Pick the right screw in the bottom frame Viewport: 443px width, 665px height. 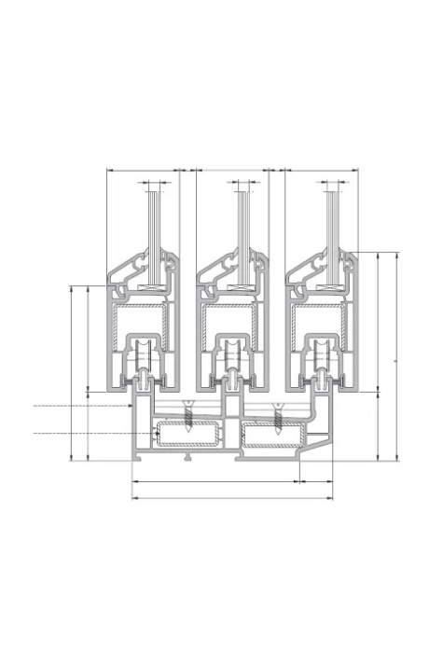click(x=276, y=417)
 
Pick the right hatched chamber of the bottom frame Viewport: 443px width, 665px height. click(x=272, y=436)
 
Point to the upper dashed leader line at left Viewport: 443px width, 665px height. click(x=79, y=407)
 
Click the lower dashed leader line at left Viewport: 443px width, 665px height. click(x=79, y=434)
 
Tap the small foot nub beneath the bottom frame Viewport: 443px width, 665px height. click(x=188, y=458)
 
